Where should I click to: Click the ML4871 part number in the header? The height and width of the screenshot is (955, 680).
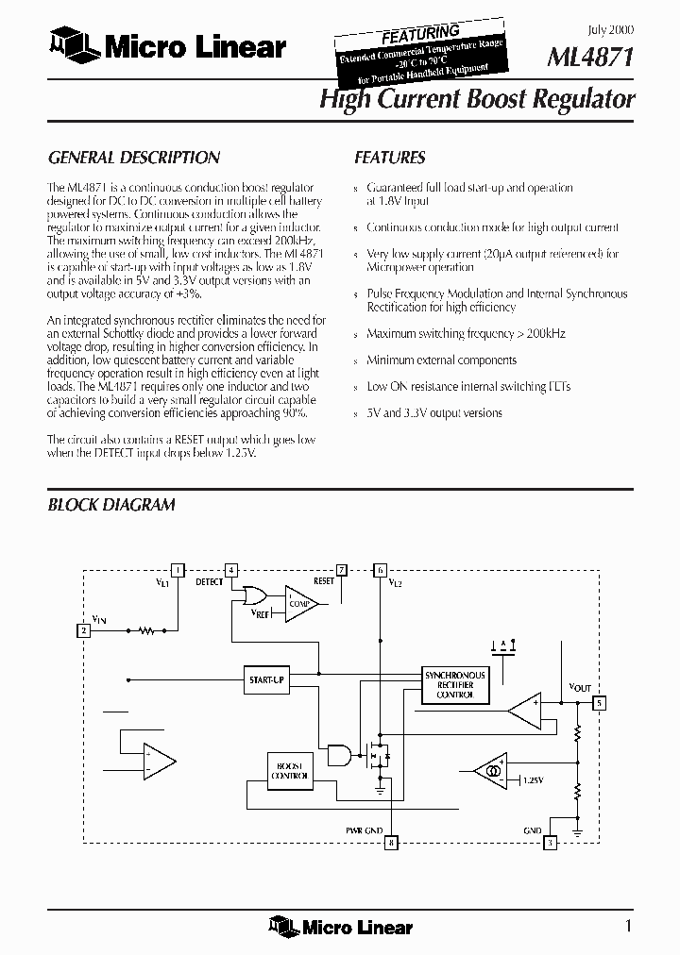tap(590, 59)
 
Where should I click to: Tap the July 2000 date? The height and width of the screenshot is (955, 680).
tap(614, 30)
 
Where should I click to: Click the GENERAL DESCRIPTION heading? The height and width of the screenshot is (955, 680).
tap(133, 158)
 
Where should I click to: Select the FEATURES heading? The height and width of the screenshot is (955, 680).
tap(389, 158)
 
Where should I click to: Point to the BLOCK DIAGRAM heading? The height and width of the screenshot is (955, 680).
tap(111, 505)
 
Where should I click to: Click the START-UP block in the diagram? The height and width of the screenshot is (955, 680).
tap(266, 679)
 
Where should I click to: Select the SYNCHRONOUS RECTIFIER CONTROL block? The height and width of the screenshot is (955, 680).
tap(454, 685)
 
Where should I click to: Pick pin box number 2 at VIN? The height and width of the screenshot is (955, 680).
tap(84, 630)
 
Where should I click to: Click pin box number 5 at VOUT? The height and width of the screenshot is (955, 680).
tap(598, 702)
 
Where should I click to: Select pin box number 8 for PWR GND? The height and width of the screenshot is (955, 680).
tap(391, 842)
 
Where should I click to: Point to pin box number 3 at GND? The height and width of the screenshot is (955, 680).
tap(550, 842)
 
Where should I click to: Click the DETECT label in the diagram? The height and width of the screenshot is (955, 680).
tap(210, 582)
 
